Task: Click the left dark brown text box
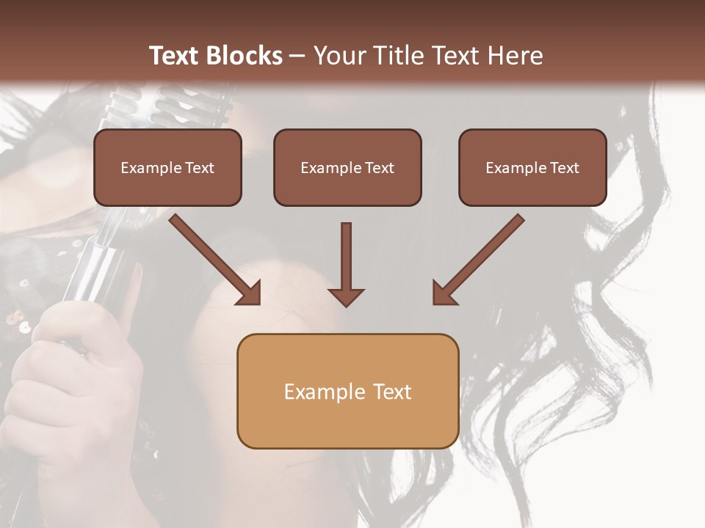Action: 167,167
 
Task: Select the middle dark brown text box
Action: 347,167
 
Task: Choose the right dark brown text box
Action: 532,167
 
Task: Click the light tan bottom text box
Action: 347,391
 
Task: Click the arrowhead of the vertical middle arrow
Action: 346,296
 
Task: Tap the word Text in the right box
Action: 564,168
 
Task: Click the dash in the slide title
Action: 297,56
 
